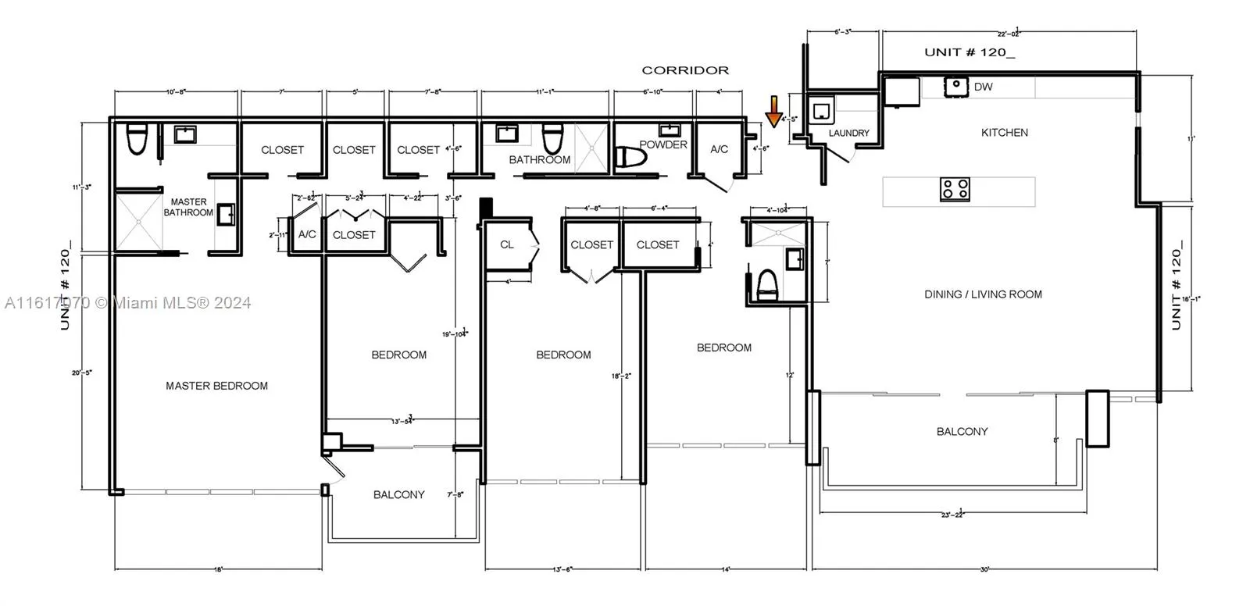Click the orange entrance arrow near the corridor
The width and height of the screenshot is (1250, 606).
773,112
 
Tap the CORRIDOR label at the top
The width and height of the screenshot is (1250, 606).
685,70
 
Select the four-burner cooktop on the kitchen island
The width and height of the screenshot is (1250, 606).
955,189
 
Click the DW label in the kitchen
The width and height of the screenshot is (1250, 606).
983,87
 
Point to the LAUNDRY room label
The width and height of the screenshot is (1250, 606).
848,134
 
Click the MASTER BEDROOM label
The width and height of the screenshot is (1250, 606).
216,386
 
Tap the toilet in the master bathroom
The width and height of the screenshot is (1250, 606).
137,140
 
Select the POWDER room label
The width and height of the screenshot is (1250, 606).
663,144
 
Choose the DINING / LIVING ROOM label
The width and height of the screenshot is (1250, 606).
983,294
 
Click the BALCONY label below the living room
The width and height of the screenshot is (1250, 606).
962,431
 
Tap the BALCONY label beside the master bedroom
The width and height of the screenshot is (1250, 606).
398,494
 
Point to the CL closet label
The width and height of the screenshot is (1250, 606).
507,244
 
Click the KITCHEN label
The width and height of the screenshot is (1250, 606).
1004,133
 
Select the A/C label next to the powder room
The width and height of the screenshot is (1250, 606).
719,149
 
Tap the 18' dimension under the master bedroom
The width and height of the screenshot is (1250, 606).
218,570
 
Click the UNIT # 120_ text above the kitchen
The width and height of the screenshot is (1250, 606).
970,53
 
